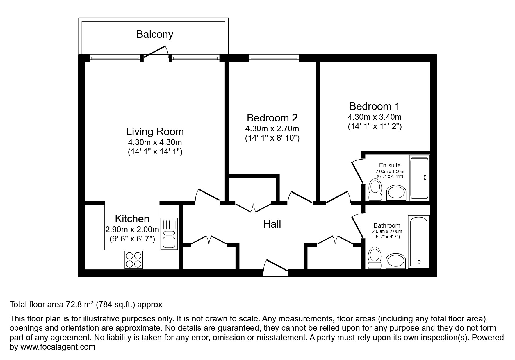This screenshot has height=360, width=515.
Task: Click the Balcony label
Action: click(x=155, y=34)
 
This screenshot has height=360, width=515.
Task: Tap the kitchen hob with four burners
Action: click(x=134, y=259)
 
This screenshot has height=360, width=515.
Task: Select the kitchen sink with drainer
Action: click(x=169, y=234)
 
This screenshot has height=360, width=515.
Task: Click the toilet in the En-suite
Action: click(x=375, y=190)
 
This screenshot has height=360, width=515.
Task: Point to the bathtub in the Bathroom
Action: click(x=418, y=242)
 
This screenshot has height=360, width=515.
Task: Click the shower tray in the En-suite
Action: click(x=419, y=178)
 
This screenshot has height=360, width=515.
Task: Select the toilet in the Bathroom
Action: click(x=375, y=257)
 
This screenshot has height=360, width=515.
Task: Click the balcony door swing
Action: click(x=156, y=52)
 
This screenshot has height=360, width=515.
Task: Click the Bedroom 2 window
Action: click(x=274, y=59)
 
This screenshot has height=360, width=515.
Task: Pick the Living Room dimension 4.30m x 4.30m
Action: click(x=155, y=142)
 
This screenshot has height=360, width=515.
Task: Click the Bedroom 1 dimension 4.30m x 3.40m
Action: click(x=375, y=117)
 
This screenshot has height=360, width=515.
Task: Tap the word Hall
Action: click(x=272, y=224)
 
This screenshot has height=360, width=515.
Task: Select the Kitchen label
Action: click(x=132, y=218)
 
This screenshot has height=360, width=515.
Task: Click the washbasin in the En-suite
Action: click(x=396, y=193)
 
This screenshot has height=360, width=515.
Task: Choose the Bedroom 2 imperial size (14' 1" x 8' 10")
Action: click(x=272, y=138)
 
